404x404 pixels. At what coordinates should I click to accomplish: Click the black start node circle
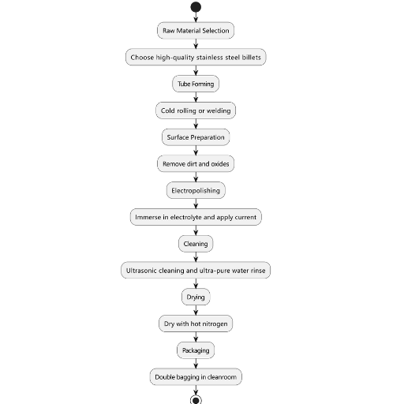tap(196, 7)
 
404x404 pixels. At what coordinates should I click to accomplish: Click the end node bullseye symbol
tap(196, 399)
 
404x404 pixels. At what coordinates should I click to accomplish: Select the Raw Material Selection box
tap(196, 31)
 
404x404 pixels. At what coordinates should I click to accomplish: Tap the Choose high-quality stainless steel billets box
tap(196, 57)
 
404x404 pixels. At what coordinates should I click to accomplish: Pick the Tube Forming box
tap(196, 84)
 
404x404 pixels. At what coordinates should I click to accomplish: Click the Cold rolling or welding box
tap(196, 110)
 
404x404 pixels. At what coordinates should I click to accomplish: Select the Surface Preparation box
tap(196, 137)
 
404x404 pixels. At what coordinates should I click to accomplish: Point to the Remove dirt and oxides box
tap(196, 164)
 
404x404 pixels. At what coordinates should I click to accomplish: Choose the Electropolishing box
tap(196, 190)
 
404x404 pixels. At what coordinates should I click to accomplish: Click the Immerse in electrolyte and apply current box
tap(196, 217)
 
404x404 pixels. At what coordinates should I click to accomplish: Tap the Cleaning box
tap(196, 244)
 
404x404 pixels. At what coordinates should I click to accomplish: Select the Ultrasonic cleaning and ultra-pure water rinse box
tap(196, 271)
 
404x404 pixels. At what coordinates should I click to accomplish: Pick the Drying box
tap(196, 297)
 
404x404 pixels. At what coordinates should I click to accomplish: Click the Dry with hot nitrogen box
tap(196, 324)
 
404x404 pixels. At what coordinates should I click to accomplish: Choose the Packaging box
tap(196, 350)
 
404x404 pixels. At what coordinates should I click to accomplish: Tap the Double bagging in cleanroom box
tap(196, 377)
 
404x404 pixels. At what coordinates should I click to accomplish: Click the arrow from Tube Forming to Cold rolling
tap(196, 97)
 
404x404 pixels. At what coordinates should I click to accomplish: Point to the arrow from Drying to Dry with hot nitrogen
tap(196, 310)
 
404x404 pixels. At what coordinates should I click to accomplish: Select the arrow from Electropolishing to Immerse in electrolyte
tap(196, 204)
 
